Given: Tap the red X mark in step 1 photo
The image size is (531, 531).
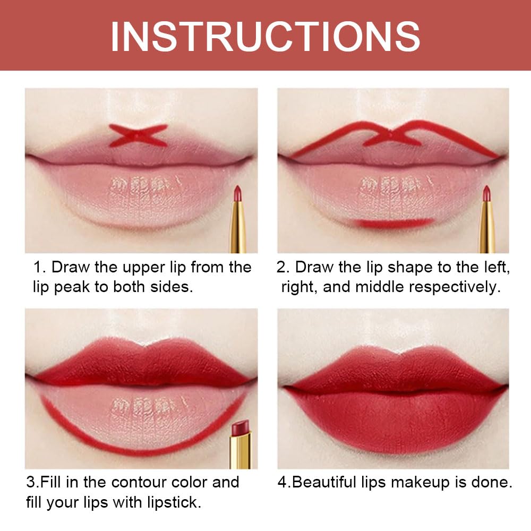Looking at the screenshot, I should (x=138, y=135).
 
